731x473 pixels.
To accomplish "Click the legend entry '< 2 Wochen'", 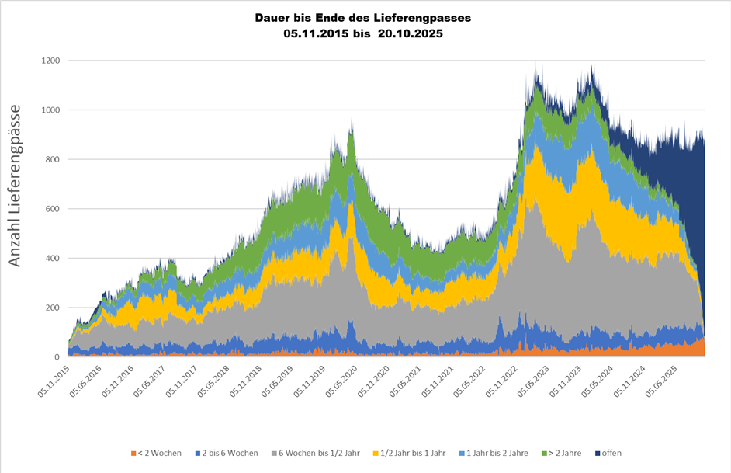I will [157, 453].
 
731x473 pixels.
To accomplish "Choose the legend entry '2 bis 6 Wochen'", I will [227, 453].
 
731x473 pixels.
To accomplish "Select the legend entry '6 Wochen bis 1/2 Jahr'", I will [317, 453].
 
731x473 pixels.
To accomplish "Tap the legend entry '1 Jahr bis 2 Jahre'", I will [497, 453].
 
